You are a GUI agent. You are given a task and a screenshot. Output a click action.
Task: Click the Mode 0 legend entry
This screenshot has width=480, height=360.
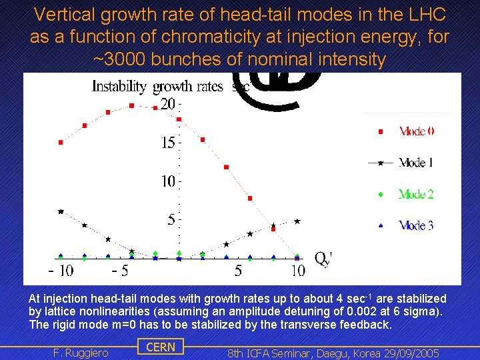(x=416, y=131)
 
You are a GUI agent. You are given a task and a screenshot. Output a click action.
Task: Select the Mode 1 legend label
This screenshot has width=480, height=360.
(x=416, y=162)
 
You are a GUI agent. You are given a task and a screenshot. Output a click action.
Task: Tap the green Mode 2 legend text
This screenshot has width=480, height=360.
(x=416, y=194)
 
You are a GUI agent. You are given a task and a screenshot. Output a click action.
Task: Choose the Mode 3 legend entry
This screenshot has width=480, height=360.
(x=416, y=225)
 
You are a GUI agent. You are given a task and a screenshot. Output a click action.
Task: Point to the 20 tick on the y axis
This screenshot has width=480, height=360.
(x=168, y=104)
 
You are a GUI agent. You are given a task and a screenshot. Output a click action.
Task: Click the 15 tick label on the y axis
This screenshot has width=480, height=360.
(x=168, y=142)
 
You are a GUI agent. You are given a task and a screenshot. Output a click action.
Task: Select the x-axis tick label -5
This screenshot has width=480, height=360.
(x=120, y=271)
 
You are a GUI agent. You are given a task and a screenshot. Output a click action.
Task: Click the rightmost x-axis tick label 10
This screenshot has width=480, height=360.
(x=298, y=271)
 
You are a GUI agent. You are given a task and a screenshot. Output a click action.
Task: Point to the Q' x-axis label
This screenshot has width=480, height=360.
(x=323, y=257)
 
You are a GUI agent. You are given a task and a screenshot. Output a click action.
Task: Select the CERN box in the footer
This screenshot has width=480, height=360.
(x=161, y=347)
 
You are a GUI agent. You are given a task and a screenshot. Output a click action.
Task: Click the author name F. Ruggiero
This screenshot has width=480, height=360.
(x=80, y=353)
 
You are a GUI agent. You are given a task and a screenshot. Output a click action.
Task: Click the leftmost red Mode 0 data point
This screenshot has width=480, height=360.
(x=61, y=142)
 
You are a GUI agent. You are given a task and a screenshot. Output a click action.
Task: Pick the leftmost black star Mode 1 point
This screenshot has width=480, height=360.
(x=61, y=211)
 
